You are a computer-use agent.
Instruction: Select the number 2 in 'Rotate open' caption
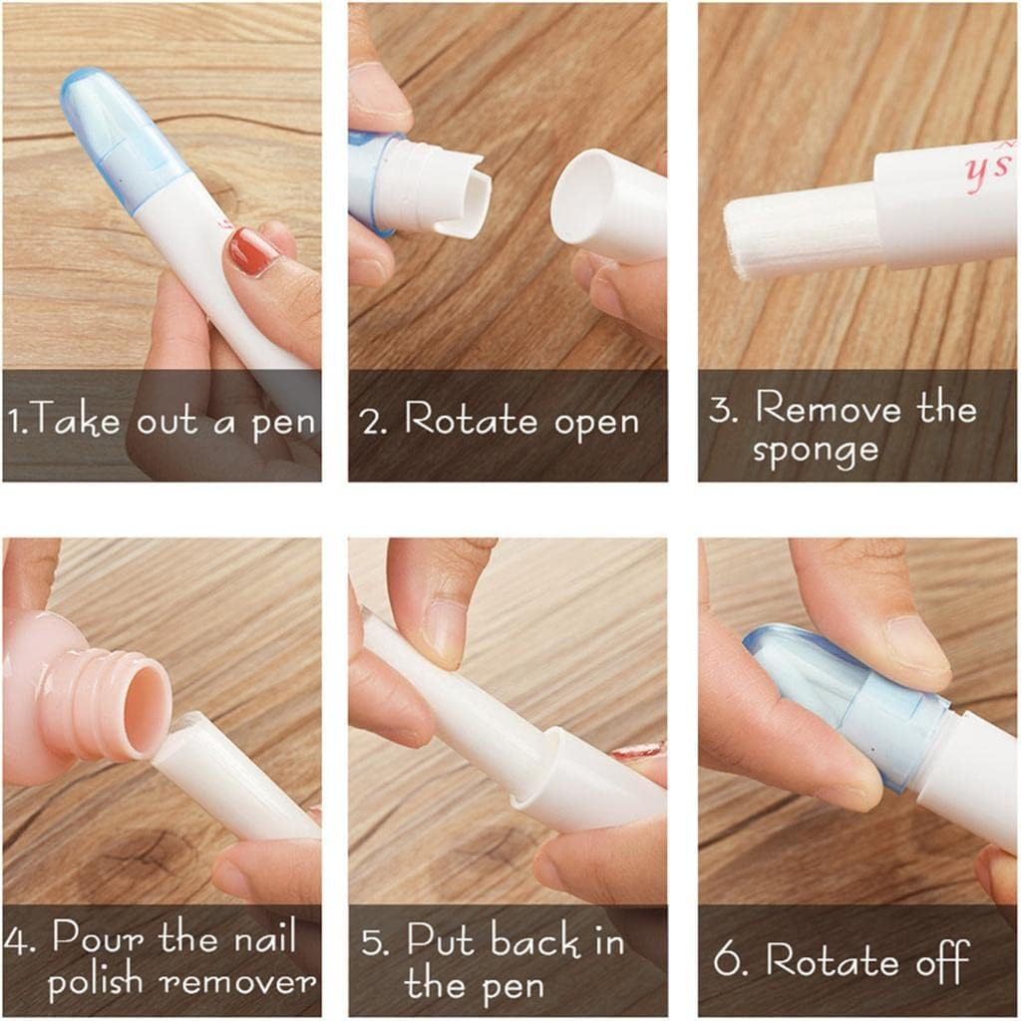pyautogui.click(x=373, y=423)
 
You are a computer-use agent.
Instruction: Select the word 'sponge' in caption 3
pyautogui.click(x=815, y=450)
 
